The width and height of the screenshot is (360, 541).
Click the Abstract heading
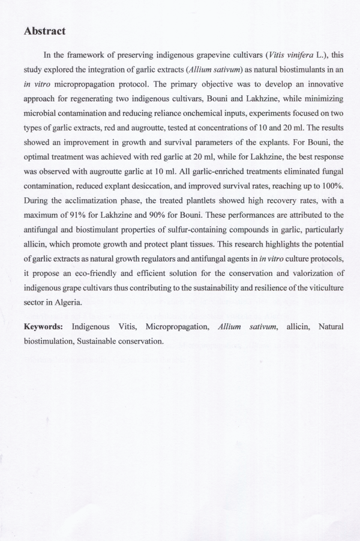pos(44,31)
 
